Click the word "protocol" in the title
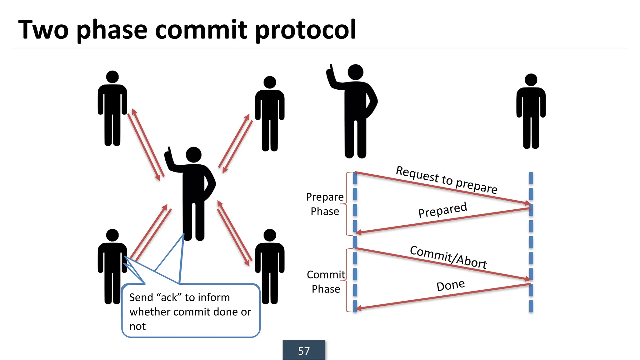tap(305, 30)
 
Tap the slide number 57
tap(304, 351)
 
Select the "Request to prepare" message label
tap(447, 179)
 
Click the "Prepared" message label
tap(442, 210)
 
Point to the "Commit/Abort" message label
tap(448, 257)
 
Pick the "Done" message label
tap(450, 285)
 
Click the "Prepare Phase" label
tap(325, 204)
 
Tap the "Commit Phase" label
tap(326, 282)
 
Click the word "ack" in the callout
tap(169, 297)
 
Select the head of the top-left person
tap(112, 77)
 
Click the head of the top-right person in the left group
tap(270, 82)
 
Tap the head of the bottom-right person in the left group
tap(270, 235)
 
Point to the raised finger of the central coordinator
tap(169, 151)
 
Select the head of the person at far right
tap(531, 80)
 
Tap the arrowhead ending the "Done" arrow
tap(358, 308)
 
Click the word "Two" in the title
tap(43, 30)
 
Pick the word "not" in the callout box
tap(137, 326)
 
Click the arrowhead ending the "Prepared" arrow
tap(358, 232)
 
